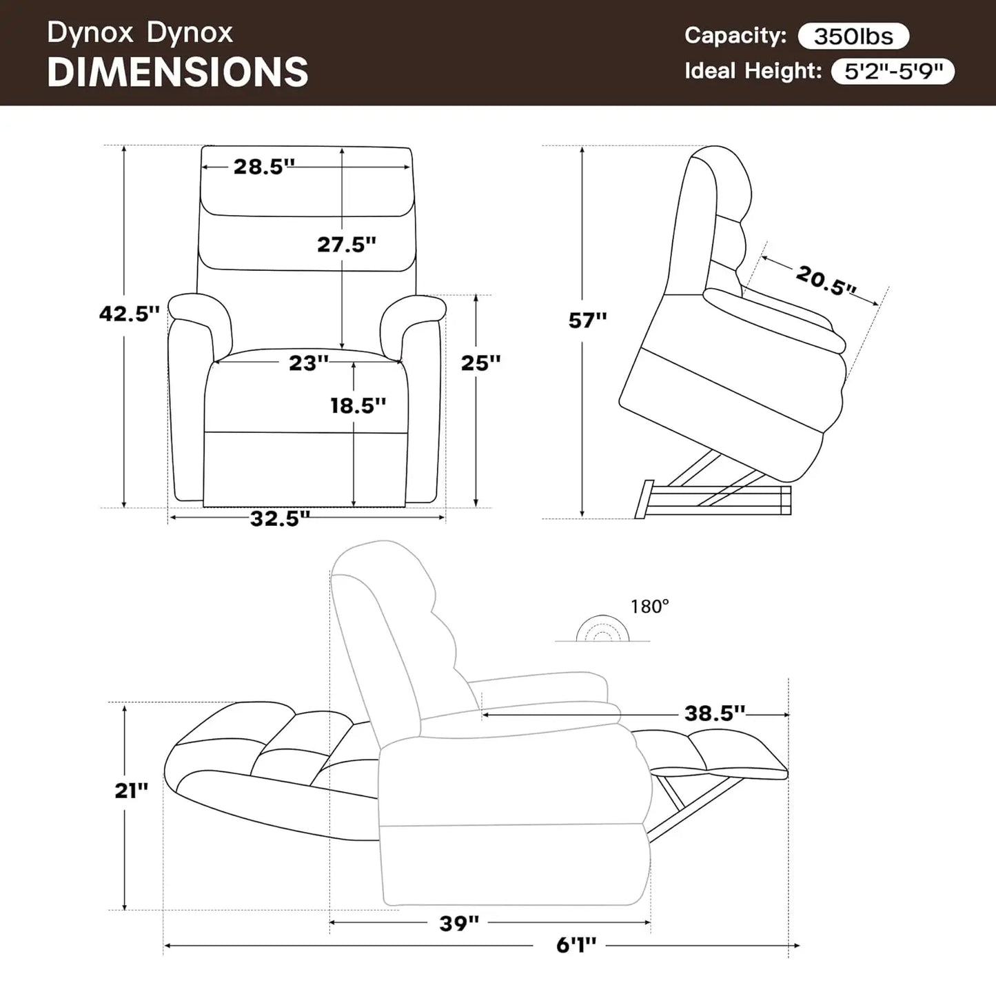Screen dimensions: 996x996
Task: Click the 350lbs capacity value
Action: point(853,36)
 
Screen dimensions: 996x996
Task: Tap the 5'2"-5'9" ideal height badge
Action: point(893,71)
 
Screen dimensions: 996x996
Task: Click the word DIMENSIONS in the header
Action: point(178,72)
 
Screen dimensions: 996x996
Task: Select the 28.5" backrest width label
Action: point(264,167)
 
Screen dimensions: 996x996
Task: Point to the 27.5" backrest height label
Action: point(347,244)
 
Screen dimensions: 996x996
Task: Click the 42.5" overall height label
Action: point(130,314)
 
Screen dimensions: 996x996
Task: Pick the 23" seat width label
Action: point(308,363)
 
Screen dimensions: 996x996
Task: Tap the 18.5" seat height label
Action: point(358,405)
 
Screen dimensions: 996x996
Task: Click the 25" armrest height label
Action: point(480,363)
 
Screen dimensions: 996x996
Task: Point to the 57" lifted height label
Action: point(587,320)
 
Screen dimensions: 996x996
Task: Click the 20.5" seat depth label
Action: point(826,280)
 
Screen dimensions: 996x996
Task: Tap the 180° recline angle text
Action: point(649,607)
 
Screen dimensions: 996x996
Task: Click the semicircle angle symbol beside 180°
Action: point(603,629)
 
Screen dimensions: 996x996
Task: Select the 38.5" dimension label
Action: point(715,713)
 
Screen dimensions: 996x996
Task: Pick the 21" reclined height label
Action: point(131,791)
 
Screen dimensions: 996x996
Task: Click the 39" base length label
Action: point(459,923)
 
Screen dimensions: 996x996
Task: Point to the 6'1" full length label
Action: point(576,945)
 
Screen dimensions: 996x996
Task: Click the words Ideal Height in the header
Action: point(753,71)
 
